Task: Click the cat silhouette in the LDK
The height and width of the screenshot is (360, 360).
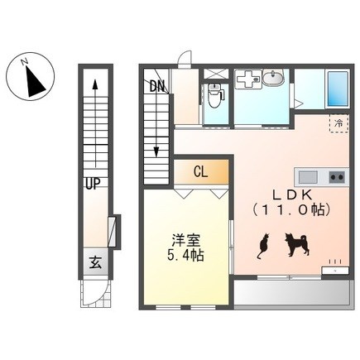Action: tap(263, 247)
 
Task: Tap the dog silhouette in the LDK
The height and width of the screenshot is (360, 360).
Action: tap(297, 245)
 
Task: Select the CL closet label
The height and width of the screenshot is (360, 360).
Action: tap(201, 172)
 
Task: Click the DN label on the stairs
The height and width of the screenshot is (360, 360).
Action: tap(157, 86)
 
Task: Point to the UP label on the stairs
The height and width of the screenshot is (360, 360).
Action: tap(93, 184)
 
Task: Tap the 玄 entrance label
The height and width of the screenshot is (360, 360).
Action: tap(95, 262)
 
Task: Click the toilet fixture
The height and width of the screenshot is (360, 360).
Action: tap(215, 95)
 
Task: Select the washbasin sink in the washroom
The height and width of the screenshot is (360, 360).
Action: tap(273, 77)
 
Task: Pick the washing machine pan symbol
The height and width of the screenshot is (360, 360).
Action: tap(248, 79)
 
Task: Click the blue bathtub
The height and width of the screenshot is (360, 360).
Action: tap(338, 89)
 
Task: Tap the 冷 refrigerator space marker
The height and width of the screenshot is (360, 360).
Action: tap(339, 123)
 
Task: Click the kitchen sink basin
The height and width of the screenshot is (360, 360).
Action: tap(309, 177)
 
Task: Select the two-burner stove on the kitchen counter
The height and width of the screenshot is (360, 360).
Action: tap(337, 177)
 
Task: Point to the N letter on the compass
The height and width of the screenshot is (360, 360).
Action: tap(25, 62)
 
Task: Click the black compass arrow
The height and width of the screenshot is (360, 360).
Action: tap(35, 81)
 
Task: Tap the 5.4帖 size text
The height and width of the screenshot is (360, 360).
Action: tap(185, 257)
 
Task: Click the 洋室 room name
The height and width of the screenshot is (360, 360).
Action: tap(185, 240)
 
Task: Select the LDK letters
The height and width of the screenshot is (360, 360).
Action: tap(292, 195)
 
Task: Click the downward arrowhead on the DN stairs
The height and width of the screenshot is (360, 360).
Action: tap(156, 152)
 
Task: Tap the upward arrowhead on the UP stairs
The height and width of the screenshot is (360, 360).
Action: tap(95, 84)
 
